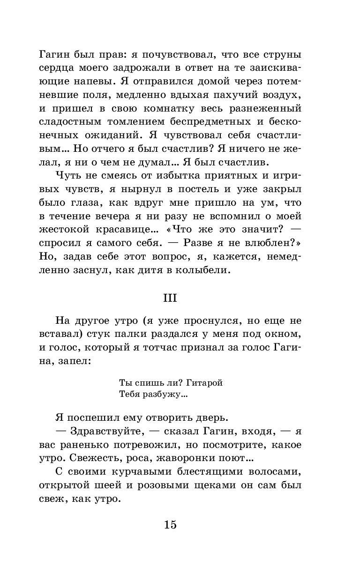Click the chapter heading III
(x=170, y=298)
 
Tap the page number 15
(x=170, y=524)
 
